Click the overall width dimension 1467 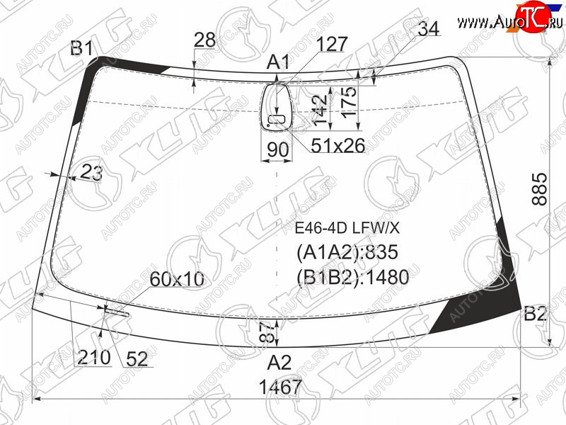[x=280, y=387]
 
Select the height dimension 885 [x=541, y=189]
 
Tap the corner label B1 [x=81, y=47]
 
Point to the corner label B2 [x=535, y=314]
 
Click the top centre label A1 [x=278, y=62]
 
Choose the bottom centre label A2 [x=279, y=363]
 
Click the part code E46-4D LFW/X [x=347, y=228]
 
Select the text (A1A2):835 [x=347, y=252]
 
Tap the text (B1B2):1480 [x=352, y=277]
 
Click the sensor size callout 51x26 [x=338, y=146]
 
